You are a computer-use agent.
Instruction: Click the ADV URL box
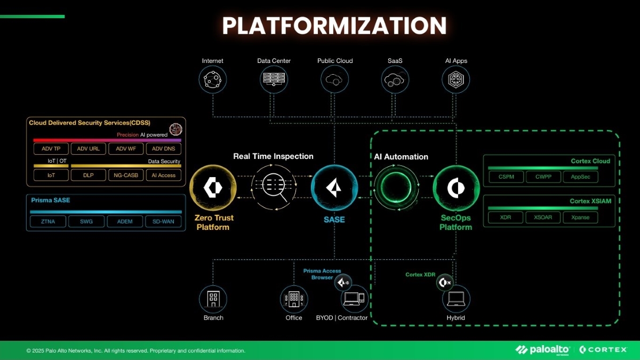[88, 149]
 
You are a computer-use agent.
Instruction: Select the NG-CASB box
[126, 175]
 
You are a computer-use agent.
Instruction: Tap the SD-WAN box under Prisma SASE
[163, 221]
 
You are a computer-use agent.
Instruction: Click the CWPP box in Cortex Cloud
[543, 177]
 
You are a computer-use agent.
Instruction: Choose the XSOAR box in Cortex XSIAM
[543, 218]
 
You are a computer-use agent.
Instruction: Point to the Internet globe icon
[213, 79]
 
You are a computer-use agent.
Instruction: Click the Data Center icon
[274, 79]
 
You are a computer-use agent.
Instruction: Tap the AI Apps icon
[456, 79]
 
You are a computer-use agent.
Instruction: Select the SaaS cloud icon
[395, 79]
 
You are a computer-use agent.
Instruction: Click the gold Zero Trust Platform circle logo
[213, 188]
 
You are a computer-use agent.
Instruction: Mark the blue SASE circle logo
[334, 188]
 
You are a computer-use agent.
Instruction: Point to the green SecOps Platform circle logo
[456, 188]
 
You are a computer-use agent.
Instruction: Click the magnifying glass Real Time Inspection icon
[273, 188]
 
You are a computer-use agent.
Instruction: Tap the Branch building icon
[213, 299]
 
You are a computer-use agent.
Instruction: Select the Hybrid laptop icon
[456, 299]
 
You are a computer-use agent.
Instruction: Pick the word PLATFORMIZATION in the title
[334, 26]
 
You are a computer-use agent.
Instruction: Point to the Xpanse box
[580, 218]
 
